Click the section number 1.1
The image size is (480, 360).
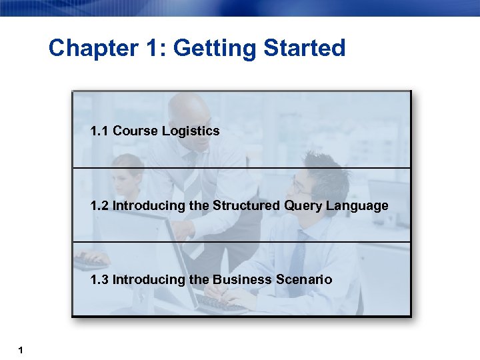(x=100, y=131)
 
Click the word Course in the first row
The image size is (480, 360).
(x=136, y=131)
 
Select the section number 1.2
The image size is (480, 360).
(x=100, y=205)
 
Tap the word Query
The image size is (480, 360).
(x=303, y=205)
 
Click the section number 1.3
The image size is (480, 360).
(x=100, y=279)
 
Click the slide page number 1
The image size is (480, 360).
(x=22, y=349)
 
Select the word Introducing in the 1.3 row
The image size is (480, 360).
(x=150, y=279)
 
